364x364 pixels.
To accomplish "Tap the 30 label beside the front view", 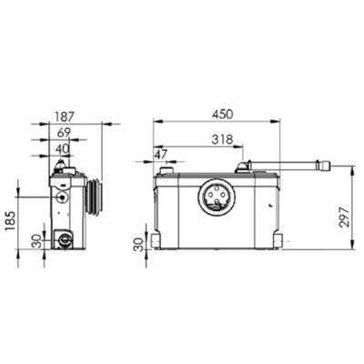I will [138, 243].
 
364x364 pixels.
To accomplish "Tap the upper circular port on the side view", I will [60, 195].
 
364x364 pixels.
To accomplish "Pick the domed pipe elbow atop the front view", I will [243, 167].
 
